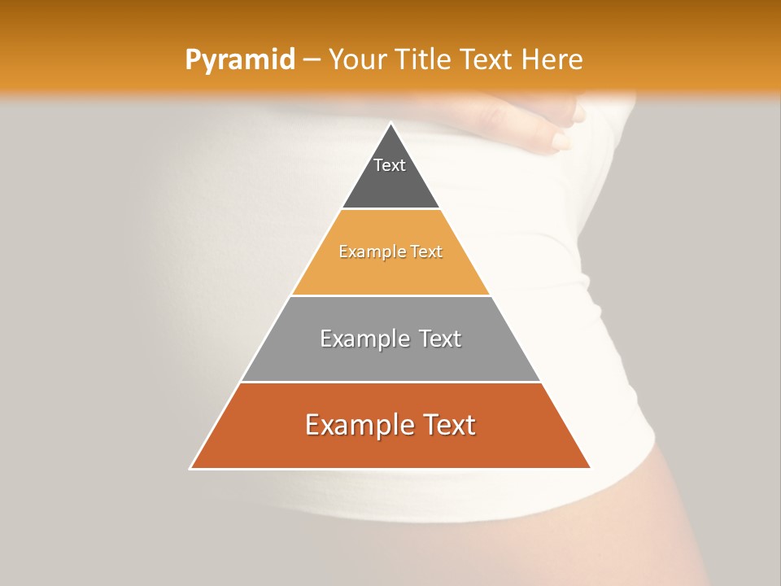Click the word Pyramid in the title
click(x=240, y=59)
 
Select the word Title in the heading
click(x=423, y=59)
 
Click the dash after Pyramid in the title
click(x=311, y=60)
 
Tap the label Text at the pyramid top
click(x=390, y=165)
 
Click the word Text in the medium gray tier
click(x=437, y=339)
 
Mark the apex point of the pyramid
click(x=390, y=124)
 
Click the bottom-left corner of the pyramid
click(x=191, y=468)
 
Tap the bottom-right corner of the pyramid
click(x=590, y=468)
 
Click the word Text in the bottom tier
click(x=446, y=425)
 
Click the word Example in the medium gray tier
click(x=361, y=339)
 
